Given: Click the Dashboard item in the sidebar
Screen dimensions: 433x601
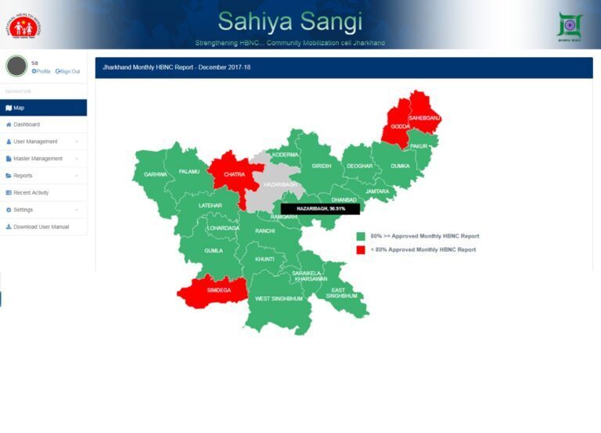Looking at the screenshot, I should pyautogui.click(x=27, y=124).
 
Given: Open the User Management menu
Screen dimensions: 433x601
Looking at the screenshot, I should pyautogui.click(x=35, y=141).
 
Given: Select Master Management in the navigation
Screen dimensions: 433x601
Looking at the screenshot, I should pyautogui.click(x=38, y=159).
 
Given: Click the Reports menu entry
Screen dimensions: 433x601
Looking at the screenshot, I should pyautogui.click(x=23, y=176).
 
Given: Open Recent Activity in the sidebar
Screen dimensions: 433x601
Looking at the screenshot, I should pyautogui.click(x=31, y=192).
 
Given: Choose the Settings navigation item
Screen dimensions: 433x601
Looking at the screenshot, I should pyautogui.click(x=23, y=209).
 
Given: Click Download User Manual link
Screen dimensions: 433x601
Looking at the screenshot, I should pyautogui.click(x=41, y=227).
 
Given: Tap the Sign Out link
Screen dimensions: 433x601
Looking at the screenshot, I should pyautogui.click(x=68, y=71).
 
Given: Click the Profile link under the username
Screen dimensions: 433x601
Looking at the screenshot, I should pyautogui.click(x=41, y=71).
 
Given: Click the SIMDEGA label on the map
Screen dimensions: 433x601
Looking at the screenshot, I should pyautogui.click(x=218, y=290).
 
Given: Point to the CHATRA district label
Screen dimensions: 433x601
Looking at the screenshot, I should pyautogui.click(x=234, y=174).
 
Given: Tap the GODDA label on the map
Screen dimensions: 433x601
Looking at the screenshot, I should pyautogui.click(x=400, y=126).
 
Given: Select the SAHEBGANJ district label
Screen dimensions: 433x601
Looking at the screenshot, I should pyautogui.click(x=424, y=117).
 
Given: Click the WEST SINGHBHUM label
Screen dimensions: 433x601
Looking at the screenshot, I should pyautogui.click(x=279, y=299).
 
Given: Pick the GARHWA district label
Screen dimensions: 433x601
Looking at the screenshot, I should pyautogui.click(x=155, y=174).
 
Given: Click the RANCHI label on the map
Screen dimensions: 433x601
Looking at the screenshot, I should pyautogui.click(x=265, y=231).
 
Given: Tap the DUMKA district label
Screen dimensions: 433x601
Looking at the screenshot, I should pyautogui.click(x=400, y=166).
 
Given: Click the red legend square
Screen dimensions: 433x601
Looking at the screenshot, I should pyautogui.click(x=361, y=249).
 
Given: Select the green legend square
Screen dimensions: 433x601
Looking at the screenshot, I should pyautogui.click(x=361, y=236).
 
